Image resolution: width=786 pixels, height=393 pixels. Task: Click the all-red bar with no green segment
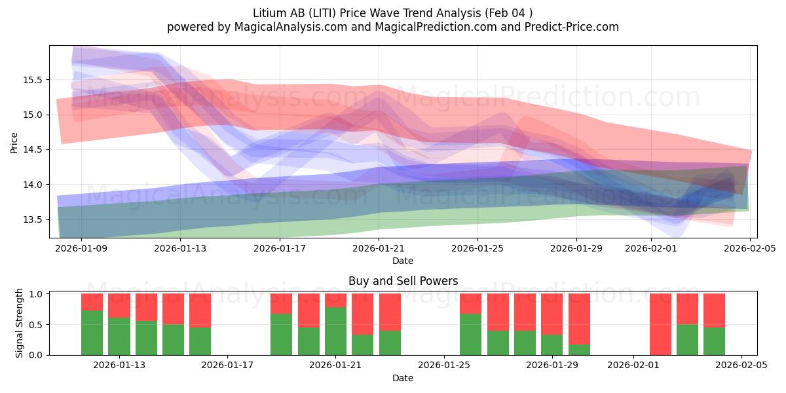coord(660,324)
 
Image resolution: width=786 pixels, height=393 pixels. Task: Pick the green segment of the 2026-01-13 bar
coord(119,336)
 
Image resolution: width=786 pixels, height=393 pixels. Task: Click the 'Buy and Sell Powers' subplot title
coord(403,281)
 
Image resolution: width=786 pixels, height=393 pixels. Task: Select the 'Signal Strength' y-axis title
coord(20,322)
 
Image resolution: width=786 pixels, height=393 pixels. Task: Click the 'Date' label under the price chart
coord(403,261)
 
